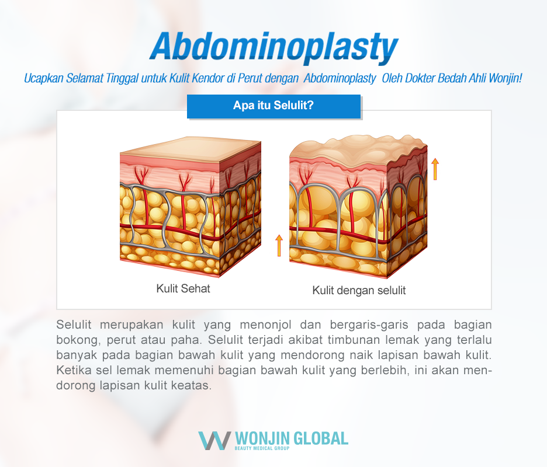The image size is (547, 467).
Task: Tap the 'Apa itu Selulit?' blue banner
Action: pyautogui.click(x=273, y=106)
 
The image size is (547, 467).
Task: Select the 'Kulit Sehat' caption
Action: pyautogui.click(x=183, y=288)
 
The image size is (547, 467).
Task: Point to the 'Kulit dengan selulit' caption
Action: pyautogui.click(x=359, y=290)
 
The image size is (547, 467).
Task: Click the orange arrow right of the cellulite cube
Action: pyautogui.click(x=435, y=169)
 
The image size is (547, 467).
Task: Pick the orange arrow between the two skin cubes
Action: pyautogui.click(x=279, y=245)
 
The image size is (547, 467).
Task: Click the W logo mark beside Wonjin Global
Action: pyautogui.click(x=214, y=440)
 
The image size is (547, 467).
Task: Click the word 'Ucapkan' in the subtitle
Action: pyautogui.click(x=41, y=78)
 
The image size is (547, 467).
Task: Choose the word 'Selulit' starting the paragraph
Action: pyautogui.click(x=74, y=324)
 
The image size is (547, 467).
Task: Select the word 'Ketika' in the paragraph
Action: pyautogui.click(x=72, y=371)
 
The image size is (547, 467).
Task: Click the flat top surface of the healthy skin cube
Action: pyautogui.click(x=190, y=148)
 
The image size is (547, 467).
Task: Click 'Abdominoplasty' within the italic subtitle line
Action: pyautogui.click(x=341, y=78)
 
